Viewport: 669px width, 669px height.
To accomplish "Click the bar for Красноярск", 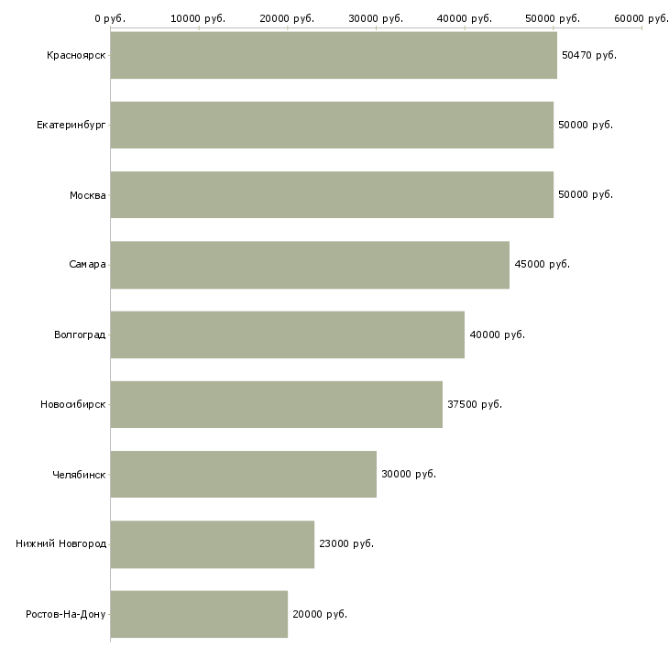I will click(334, 55).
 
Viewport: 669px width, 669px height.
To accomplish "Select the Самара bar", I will click(310, 265).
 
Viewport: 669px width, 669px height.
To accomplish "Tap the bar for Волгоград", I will click(287, 334).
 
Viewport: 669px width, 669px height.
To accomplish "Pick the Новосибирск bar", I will click(276, 404).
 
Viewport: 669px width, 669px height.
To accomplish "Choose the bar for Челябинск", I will click(243, 474).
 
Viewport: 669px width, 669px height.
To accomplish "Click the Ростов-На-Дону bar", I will click(199, 614).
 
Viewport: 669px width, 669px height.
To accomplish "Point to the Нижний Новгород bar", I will click(212, 544).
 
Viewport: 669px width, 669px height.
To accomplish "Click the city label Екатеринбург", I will click(71, 126).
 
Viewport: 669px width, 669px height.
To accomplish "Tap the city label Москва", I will click(88, 195).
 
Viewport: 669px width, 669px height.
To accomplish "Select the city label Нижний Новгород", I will click(61, 544).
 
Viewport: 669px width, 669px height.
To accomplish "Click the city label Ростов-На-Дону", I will click(66, 614).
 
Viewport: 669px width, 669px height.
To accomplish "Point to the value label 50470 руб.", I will click(588, 55).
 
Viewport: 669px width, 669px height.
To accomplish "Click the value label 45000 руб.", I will click(542, 265).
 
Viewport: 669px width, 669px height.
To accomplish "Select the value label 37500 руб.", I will click(474, 404).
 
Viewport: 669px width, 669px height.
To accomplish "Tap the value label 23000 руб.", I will click(345, 544).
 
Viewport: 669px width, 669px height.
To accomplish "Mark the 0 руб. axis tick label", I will click(110, 17).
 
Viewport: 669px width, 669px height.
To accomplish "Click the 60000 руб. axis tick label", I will click(641, 17).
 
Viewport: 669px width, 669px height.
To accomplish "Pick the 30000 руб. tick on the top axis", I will click(376, 17).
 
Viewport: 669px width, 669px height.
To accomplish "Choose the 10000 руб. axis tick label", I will click(198, 17).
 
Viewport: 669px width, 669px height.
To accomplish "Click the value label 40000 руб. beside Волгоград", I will click(497, 334).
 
